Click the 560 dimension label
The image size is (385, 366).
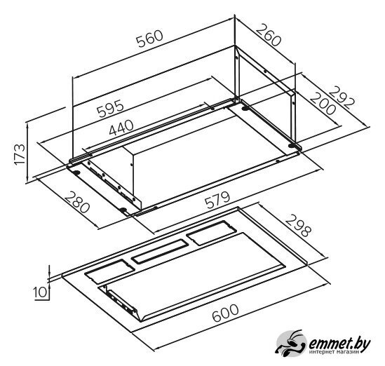click(x=150, y=39)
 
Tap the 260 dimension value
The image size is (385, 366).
click(x=269, y=34)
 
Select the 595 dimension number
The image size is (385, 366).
click(x=110, y=108)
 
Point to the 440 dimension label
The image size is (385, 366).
click(x=121, y=128)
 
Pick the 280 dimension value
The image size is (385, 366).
click(x=77, y=202)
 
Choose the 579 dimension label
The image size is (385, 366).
click(x=217, y=200)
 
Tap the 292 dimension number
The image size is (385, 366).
click(x=342, y=98)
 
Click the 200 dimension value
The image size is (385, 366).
click(x=323, y=103)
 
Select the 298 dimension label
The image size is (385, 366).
click(x=298, y=226)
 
